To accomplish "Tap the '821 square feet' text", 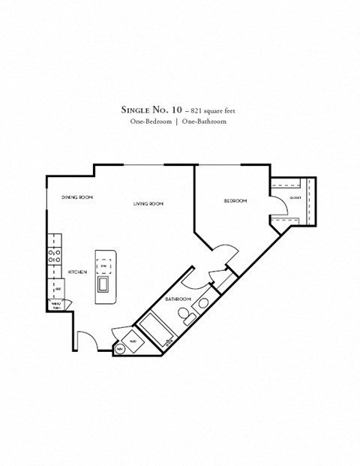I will pos(207,110).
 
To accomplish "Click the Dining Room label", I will pos(77,197).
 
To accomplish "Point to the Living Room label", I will pos(148,203).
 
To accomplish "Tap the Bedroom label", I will pos(235,200).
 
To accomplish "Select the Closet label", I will pos(295,197).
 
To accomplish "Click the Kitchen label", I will pos(77,272).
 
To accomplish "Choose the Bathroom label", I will pos(178,299).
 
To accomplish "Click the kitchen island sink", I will pos(103,283).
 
